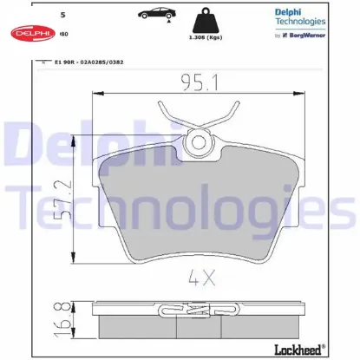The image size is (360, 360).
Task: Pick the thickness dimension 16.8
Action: pos(56,320)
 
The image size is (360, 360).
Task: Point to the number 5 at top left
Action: pos(62,16)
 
